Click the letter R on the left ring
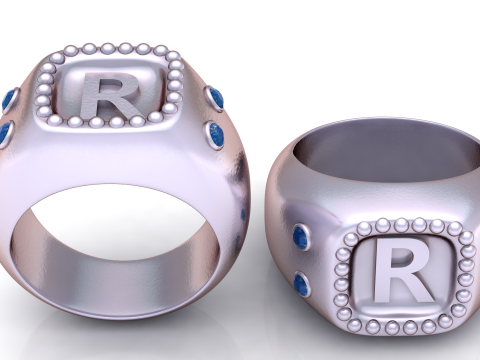[110, 97]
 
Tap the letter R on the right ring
[404, 270]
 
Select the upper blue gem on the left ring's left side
[10, 99]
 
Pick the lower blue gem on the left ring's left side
[5, 134]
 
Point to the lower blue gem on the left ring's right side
[217, 133]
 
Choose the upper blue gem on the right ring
[301, 238]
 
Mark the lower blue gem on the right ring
[302, 284]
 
